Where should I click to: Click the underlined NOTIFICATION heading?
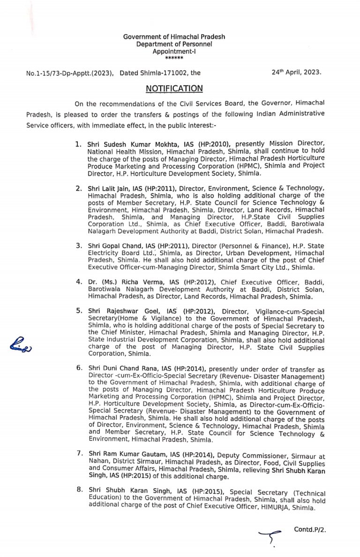pyautogui.click(x=174, y=89)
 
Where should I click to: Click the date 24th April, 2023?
pyautogui.click(x=296, y=73)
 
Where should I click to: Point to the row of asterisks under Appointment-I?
pyautogui.click(x=174, y=58)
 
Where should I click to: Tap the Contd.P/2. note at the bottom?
pyautogui.click(x=310, y=529)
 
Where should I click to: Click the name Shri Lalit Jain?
pyautogui.click(x=108, y=188)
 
